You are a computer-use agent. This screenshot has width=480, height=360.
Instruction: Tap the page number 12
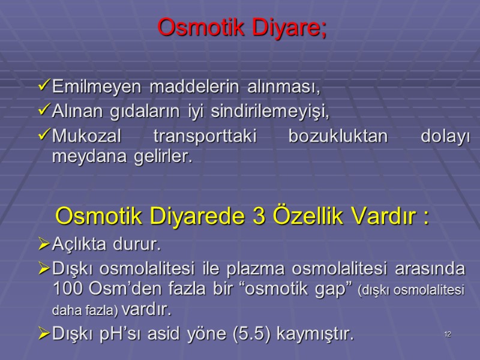(448, 334)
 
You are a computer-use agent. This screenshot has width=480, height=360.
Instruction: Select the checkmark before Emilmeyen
(44, 87)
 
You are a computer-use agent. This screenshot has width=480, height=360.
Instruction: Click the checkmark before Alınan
(44, 111)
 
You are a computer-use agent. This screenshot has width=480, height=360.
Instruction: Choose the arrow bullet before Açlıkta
(44, 245)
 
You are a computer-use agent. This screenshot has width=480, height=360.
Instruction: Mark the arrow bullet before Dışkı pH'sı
(44, 333)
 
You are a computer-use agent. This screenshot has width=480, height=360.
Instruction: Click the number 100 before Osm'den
(68, 288)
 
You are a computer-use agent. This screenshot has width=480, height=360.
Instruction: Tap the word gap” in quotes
(328, 288)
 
